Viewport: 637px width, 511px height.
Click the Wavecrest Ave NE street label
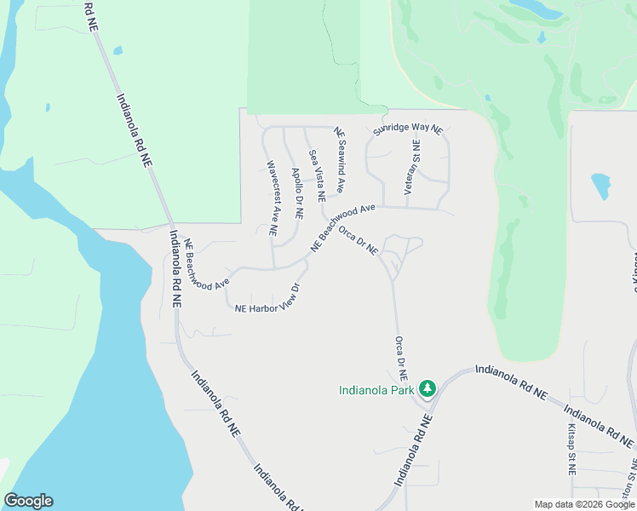[273, 198]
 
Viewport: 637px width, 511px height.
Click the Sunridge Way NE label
[408, 129]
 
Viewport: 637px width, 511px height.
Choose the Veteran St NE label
[412, 168]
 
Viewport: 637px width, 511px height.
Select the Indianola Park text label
[375, 391]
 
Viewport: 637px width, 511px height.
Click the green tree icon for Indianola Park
[427, 389]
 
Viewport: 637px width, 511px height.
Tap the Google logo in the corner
[28, 501]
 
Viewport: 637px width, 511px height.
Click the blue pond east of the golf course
[600, 185]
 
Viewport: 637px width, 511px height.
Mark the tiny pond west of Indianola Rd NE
[118, 50]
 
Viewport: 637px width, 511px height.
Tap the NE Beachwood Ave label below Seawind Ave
[342, 226]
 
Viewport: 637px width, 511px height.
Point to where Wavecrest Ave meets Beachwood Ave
[273, 267]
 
